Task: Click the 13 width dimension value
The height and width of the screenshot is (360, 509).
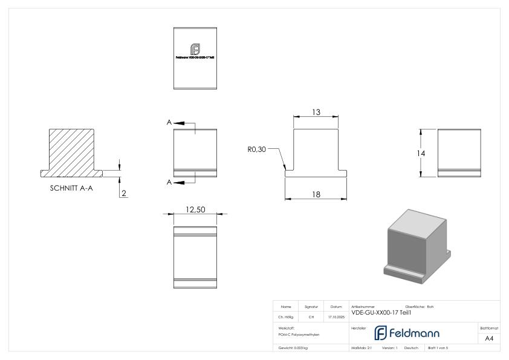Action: pos(316,113)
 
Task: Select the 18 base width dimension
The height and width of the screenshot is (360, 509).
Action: pos(316,194)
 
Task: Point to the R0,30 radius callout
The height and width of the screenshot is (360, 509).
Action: pos(257,148)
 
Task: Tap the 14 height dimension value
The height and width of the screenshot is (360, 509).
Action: pos(422,154)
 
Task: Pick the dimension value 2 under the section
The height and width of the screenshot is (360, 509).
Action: pos(125,193)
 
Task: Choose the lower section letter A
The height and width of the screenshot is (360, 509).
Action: pos(169,180)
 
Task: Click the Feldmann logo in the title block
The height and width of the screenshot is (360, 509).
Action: pos(409,332)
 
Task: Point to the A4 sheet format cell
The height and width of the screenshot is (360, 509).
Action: pos(489,339)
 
